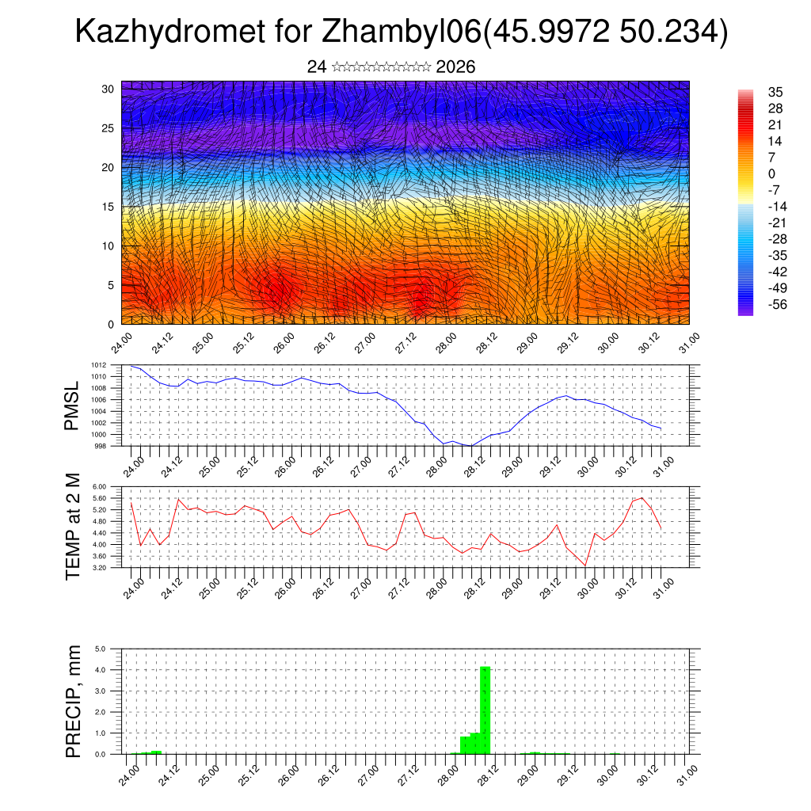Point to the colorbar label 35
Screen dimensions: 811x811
click(775, 92)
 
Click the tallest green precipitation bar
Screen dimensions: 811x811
click(485, 710)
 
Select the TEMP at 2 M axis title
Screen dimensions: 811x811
click(73, 526)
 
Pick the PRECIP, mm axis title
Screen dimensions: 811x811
click(73, 700)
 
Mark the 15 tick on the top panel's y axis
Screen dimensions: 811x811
click(109, 207)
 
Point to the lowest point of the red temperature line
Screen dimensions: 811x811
click(585, 565)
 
